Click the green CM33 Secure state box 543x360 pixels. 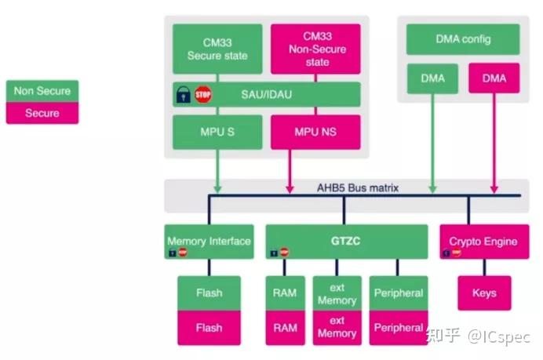(x=217, y=49)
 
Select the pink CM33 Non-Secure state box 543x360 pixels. (x=315, y=49)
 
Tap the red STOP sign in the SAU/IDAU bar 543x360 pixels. (x=204, y=95)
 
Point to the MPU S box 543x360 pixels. (x=217, y=131)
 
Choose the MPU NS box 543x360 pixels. (x=315, y=131)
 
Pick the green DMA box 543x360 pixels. (x=432, y=78)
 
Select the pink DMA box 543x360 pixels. (x=494, y=78)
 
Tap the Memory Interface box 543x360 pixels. (x=209, y=242)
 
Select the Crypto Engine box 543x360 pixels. (x=483, y=242)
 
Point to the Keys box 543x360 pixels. (x=484, y=293)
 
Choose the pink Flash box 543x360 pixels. (x=209, y=328)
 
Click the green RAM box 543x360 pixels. (x=286, y=293)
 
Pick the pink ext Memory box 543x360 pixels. (x=337, y=328)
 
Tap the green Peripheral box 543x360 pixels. (x=399, y=293)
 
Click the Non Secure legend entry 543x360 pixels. (x=42, y=91)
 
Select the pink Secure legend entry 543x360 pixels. (x=42, y=113)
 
